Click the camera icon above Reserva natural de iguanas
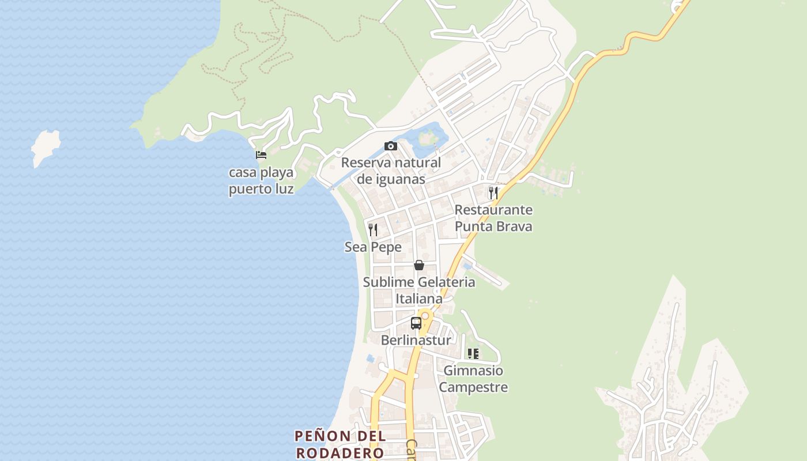[391, 146]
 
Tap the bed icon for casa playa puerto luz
[261, 154]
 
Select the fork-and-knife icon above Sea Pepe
[373, 230]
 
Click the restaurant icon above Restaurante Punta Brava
[493, 192]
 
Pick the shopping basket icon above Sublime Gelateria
[419, 265]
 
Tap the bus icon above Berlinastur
[416, 323]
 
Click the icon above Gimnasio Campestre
[473, 353]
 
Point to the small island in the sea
[46, 147]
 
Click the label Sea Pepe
[373, 247]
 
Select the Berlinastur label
[416, 341]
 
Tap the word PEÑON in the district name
[324, 436]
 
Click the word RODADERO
[340, 452]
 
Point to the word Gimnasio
[473, 371]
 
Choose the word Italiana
[419, 299]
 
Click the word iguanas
[391, 179]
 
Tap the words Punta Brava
[493, 226]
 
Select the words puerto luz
[261, 189]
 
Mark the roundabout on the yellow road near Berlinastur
[425, 316]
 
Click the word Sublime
[389, 282]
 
